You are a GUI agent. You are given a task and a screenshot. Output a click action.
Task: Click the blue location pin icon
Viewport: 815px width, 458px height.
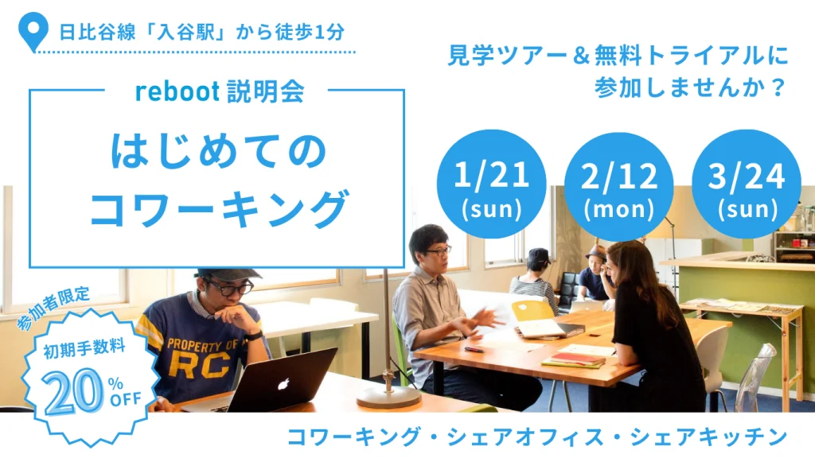pyautogui.click(x=33, y=31)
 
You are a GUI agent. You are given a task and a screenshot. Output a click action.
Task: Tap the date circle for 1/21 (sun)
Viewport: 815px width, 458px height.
pyautogui.click(x=491, y=184)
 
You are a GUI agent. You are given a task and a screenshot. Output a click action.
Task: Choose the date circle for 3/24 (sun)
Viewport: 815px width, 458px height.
pyautogui.click(x=747, y=184)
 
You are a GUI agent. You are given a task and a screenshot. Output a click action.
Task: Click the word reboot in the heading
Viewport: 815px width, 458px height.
pyautogui.click(x=177, y=92)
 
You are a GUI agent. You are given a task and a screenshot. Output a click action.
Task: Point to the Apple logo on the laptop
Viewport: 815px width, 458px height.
pyautogui.click(x=283, y=384)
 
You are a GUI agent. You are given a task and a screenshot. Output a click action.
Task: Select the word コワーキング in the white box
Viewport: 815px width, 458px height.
pyautogui.click(x=218, y=208)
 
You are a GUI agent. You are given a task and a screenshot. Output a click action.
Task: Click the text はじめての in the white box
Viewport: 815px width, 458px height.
pyautogui.click(x=218, y=151)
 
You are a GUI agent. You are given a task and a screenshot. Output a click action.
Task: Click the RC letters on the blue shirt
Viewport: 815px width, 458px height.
pyautogui.click(x=200, y=365)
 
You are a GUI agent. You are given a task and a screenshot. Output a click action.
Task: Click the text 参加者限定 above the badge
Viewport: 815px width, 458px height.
pyautogui.click(x=53, y=309)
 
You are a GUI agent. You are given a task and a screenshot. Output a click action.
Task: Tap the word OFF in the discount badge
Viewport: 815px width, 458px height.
pyautogui.click(x=125, y=399)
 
